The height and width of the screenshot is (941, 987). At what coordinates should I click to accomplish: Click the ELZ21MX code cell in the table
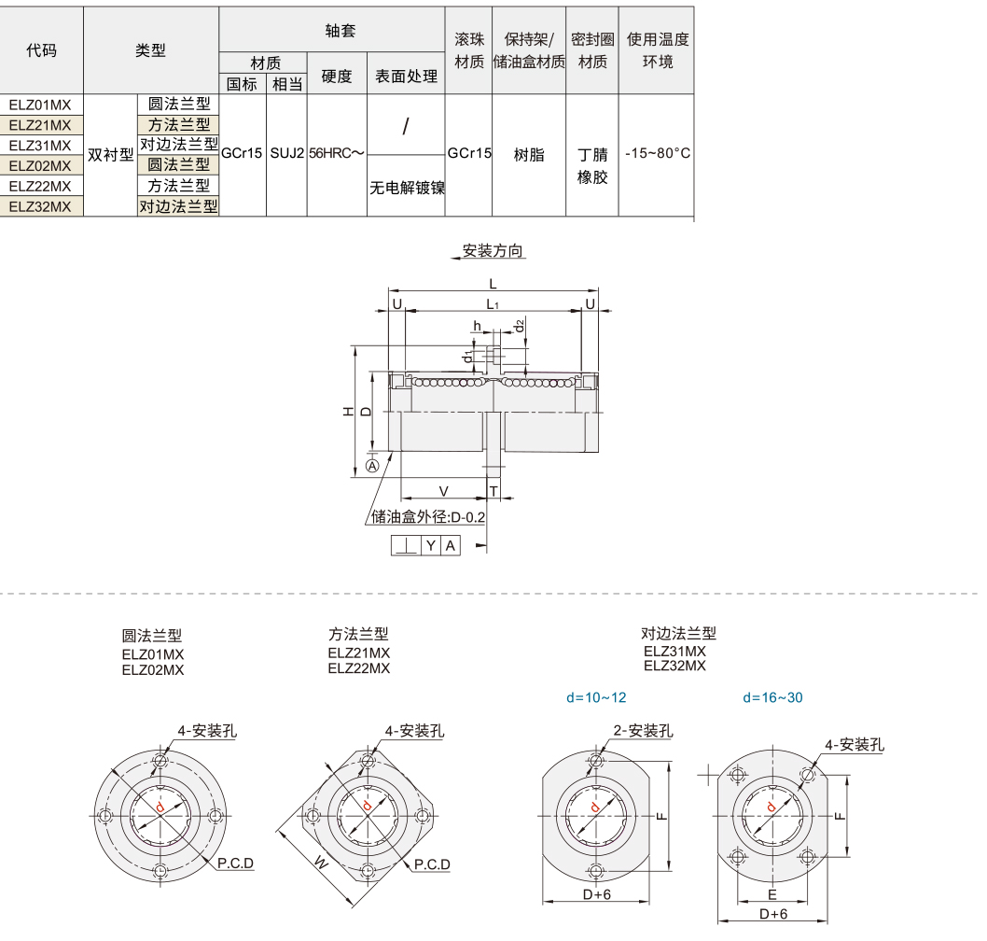[40, 125]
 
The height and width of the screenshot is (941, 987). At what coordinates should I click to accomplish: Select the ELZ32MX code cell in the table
[40, 206]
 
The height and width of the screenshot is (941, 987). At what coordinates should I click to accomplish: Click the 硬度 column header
[336, 77]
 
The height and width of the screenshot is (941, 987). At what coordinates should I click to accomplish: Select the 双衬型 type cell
[110, 156]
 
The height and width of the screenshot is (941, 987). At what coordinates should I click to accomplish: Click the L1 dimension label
[493, 304]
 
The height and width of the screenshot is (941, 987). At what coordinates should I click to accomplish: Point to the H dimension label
[347, 411]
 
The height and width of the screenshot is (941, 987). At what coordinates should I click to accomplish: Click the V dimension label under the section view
[443, 491]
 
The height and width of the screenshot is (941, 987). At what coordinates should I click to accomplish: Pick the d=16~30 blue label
[772, 697]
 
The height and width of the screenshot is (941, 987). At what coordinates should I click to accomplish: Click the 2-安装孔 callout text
[643, 731]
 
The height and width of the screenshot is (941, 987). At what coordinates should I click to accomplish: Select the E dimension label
[772, 893]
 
